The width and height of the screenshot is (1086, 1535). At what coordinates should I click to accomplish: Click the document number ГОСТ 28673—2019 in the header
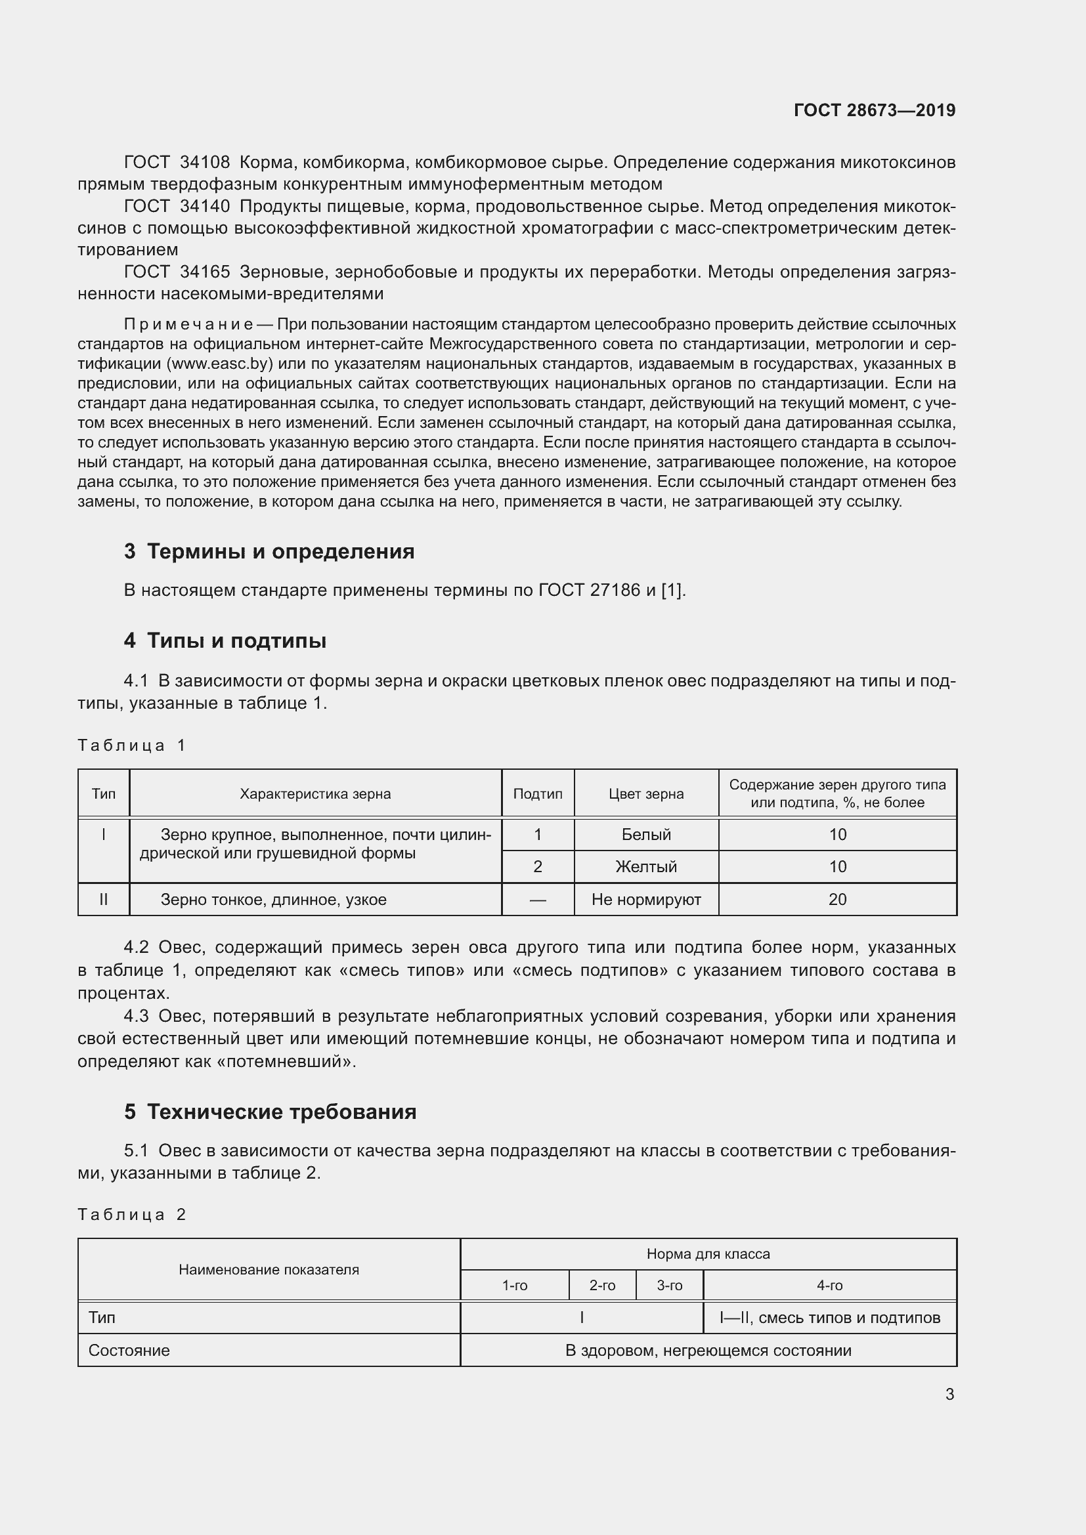pyautogui.click(x=874, y=110)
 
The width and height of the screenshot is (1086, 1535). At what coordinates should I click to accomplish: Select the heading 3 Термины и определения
pyautogui.click(x=269, y=551)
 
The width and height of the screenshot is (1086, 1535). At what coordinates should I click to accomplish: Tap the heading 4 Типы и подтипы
pyautogui.click(x=225, y=641)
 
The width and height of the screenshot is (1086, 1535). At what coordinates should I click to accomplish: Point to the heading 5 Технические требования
pyautogui.click(x=270, y=1112)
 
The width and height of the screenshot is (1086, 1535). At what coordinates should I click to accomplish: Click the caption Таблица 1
pyautogui.click(x=131, y=746)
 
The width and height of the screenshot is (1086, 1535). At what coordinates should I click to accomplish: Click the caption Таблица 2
pyautogui.click(x=131, y=1215)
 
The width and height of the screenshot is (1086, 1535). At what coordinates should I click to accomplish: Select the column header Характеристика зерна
pyautogui.click(x=315, y=794)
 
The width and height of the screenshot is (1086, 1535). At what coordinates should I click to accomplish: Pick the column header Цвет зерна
pyautogui.click(x=646, y=794)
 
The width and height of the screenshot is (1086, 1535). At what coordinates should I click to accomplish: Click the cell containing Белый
pyautogui.click(x=646, y=835)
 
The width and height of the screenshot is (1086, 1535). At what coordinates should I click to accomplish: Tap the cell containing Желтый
pyautogui.click(x=646, y=867)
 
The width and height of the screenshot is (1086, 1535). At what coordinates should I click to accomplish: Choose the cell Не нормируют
pyautogui.click(x=646, y=900)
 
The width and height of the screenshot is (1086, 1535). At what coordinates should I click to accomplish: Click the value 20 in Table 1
pyautogui.click(x=837, y=900)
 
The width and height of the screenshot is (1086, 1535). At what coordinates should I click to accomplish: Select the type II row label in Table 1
pyautogui.click(x=104, y=900)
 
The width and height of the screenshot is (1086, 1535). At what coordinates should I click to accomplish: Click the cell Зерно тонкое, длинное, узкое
pyautogui.click(x=274, y=900)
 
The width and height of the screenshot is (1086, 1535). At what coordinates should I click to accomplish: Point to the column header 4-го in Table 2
pyautogui.click(x=829, y=1286)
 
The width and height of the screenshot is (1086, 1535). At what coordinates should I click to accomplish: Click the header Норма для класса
pyautogui.click(x=708, y=1254)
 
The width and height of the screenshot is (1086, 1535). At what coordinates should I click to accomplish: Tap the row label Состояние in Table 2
pyautogui.click(x=129, y=1351)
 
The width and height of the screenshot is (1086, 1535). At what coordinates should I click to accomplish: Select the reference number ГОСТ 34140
pyautogui.click(x=177, y=207)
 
